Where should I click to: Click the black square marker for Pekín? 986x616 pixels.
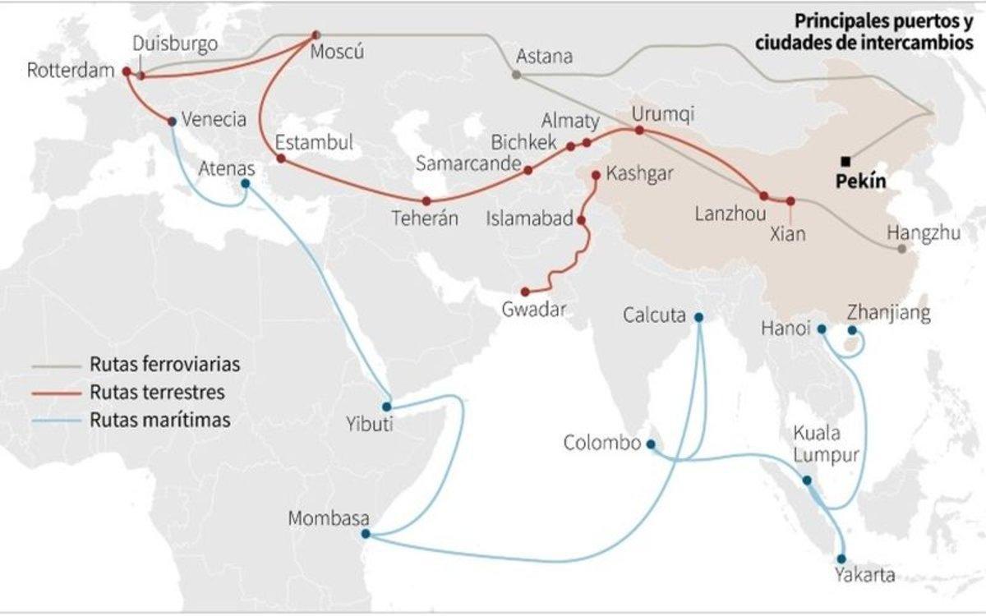point(845,161)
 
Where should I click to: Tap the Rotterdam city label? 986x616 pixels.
point(68,71)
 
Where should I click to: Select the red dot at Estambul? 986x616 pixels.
point(280,158)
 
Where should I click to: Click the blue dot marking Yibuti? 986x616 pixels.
point(386,406)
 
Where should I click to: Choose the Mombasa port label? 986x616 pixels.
point(329,519)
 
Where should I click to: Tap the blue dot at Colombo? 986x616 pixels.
point(651,444)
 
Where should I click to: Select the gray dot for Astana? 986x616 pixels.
point(516,75)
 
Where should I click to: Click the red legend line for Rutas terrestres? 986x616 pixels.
point(54,393)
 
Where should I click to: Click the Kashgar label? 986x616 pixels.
point(638,173)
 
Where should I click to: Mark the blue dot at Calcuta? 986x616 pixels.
point(698,317)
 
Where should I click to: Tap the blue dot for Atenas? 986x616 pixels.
point(246,183)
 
